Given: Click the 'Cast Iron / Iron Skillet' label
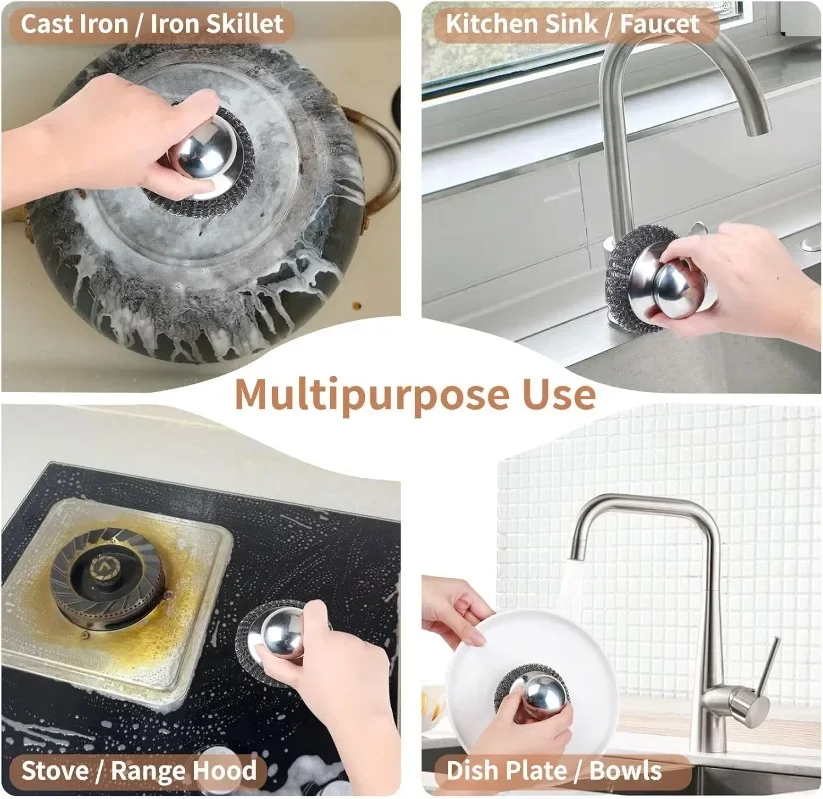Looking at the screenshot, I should (x=152, y=24).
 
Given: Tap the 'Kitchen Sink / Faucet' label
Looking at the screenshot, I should (x=572, y=24).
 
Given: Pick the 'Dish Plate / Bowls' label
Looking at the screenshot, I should (x=553, y=770).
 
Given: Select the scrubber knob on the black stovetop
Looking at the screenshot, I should (x=278, y=634).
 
